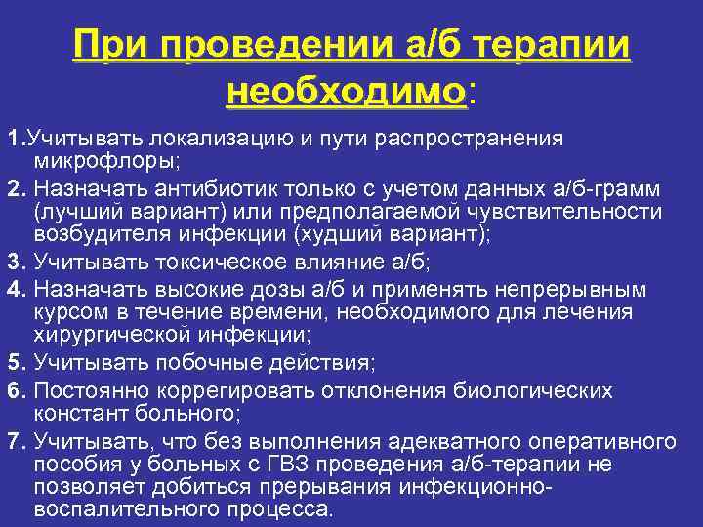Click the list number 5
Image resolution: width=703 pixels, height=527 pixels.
point(15,364)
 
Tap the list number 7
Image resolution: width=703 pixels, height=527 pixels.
point(15,441)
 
